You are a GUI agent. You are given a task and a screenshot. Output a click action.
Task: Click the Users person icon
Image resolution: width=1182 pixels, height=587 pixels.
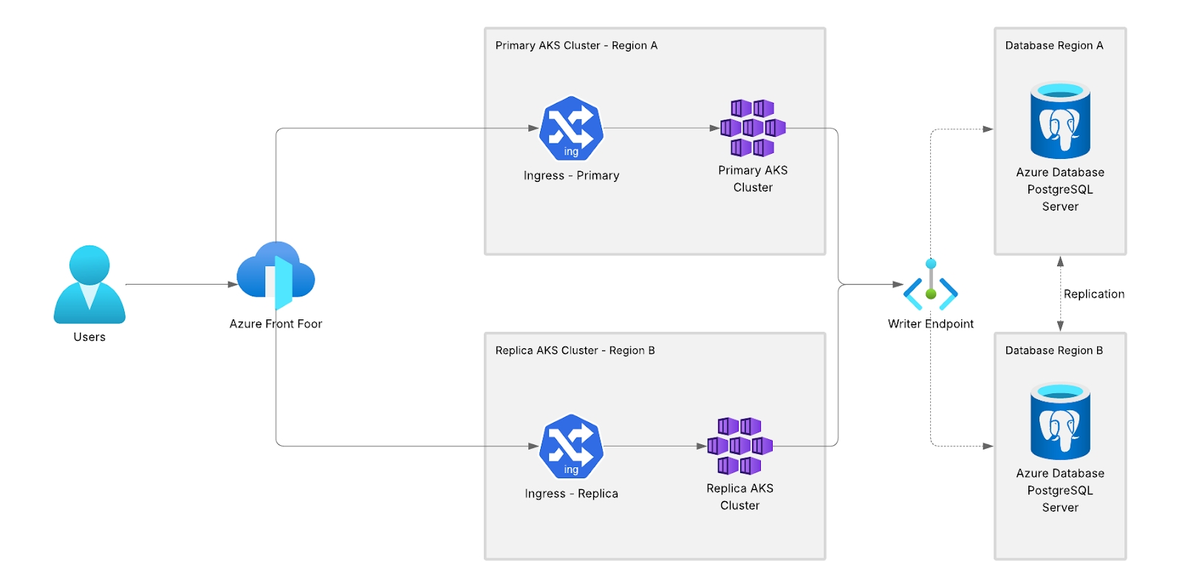point(89,285)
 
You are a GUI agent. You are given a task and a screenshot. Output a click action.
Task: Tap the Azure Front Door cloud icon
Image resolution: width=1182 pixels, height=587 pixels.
point(276,276)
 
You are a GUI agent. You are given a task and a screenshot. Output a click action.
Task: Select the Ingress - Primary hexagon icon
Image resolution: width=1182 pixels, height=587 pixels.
point(571,129)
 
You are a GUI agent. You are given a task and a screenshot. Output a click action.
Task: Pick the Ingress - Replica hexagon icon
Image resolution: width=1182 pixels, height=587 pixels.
point(571,447)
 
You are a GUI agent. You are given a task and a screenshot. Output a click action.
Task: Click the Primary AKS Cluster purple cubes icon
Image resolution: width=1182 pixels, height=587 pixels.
point(753,128)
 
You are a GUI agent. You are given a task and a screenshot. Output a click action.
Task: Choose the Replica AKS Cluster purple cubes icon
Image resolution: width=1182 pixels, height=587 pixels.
point(739,446)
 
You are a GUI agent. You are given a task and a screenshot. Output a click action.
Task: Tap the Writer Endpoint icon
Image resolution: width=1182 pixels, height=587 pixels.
point(931,285)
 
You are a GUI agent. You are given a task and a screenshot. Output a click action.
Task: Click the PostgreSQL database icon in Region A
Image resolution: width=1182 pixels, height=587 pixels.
point(1060,121)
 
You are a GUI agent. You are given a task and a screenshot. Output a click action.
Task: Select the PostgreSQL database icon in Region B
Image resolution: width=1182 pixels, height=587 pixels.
point(1060,421)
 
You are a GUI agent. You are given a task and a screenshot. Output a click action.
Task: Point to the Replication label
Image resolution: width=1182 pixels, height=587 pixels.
point(1093,294)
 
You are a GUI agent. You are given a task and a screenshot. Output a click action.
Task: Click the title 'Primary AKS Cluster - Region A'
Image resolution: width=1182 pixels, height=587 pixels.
point(576,46)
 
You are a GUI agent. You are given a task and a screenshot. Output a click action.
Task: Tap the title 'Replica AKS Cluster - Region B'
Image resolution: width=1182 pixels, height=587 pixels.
point(575,350)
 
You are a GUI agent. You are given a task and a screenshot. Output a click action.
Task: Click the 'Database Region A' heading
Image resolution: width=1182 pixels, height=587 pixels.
point(1054,46)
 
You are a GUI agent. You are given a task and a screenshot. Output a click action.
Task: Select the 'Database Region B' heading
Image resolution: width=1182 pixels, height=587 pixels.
point(1054,350)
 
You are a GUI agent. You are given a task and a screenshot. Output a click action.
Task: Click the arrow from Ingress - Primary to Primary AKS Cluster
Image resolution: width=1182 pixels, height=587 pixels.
point(661,128)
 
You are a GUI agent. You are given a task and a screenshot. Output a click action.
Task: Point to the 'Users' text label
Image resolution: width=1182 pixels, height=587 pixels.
point(89,337)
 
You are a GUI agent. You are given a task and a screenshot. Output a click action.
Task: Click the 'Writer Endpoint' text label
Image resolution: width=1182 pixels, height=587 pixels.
point(931,324)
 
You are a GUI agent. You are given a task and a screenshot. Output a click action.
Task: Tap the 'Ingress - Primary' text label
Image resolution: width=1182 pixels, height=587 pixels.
point(571,176)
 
